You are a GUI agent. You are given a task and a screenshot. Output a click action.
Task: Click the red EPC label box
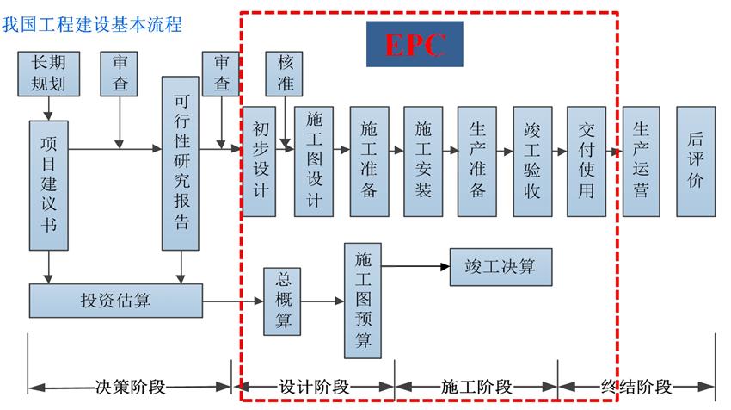coord(415,43)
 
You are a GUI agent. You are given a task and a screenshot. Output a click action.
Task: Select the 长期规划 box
coord(48,73)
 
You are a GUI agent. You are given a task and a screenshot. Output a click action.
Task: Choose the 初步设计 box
coord(259,161)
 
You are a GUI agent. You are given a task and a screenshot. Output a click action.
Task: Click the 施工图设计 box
coord(313,161)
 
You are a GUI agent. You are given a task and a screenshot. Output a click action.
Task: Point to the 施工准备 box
coord(368,161)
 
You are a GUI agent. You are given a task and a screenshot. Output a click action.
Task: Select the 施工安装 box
coord(423,161)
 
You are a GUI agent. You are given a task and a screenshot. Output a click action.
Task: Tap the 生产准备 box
coord(477,161)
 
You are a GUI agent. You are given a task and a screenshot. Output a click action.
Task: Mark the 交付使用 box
coord(587,161)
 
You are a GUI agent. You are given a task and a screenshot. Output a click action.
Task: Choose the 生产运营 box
coord(641,161)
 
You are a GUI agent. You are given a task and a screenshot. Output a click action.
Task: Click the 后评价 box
coord(695,161)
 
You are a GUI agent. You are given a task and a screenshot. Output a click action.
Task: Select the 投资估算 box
coord(116,301)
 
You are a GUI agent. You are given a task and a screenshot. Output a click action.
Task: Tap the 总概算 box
coord(283,301)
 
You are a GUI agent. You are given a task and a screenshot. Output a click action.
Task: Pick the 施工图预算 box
coord(363,301)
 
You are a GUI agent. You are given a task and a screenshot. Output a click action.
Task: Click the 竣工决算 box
coord(501,267)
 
